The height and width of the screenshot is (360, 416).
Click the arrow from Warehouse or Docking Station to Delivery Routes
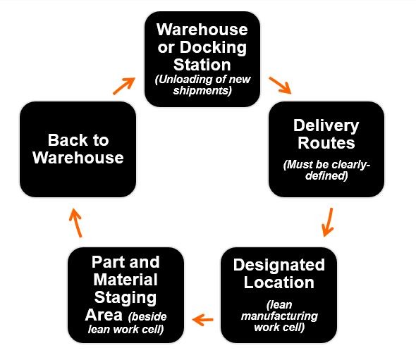coord(280,85)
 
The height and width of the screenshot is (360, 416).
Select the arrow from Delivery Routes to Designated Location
coord(328,222)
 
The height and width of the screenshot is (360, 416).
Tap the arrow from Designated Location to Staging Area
coord(202,320)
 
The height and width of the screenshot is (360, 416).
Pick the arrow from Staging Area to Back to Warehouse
coord(75,223)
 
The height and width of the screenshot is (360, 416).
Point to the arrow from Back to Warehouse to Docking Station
coord(124,86)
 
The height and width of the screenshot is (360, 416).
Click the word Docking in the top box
coord(213,48)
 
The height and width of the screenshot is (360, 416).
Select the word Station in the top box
coord(202,65)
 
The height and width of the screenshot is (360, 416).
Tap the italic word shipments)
coord(202,90)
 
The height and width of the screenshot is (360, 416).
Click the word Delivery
coord(326,125)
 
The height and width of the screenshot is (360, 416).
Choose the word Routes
coord(326,143)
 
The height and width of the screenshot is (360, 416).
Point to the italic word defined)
coord(326,175)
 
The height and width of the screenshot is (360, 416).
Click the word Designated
coord(279,265)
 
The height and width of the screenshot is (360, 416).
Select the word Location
coord(279,283)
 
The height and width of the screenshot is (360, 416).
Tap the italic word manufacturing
coord(279,316)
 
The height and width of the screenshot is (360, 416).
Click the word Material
coord(126,280)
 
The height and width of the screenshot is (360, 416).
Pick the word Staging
coord(126,298)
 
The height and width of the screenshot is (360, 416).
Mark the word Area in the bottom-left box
coord(104,315)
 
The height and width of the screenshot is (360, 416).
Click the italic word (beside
coord(147,316)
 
